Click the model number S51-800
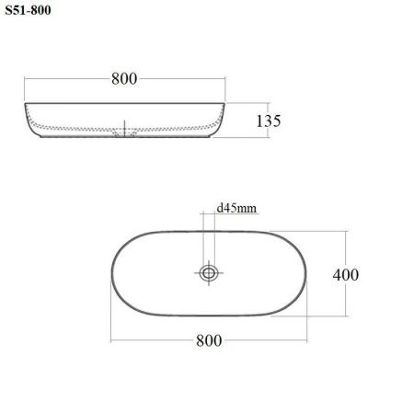[28, 10]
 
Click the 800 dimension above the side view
[124, 79]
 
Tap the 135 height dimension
[269, 121]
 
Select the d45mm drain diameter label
[236, 208]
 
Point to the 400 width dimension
[346, 275]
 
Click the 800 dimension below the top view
[209, 340]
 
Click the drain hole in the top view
[209, 272]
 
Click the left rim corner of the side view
[25, 104]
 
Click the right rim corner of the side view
[224, 104]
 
